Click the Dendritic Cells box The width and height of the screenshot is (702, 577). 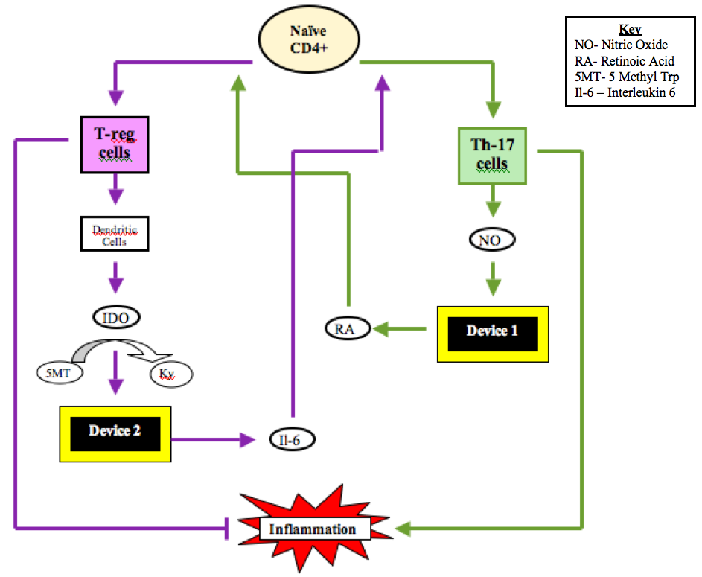(x=115, y=232)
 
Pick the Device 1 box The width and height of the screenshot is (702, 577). (x=492, y=333)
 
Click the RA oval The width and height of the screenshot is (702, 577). (x=347, y=328)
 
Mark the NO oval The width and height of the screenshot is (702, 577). (x=492, y=240)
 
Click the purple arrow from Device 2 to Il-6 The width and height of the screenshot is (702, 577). (x=213, y=439)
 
